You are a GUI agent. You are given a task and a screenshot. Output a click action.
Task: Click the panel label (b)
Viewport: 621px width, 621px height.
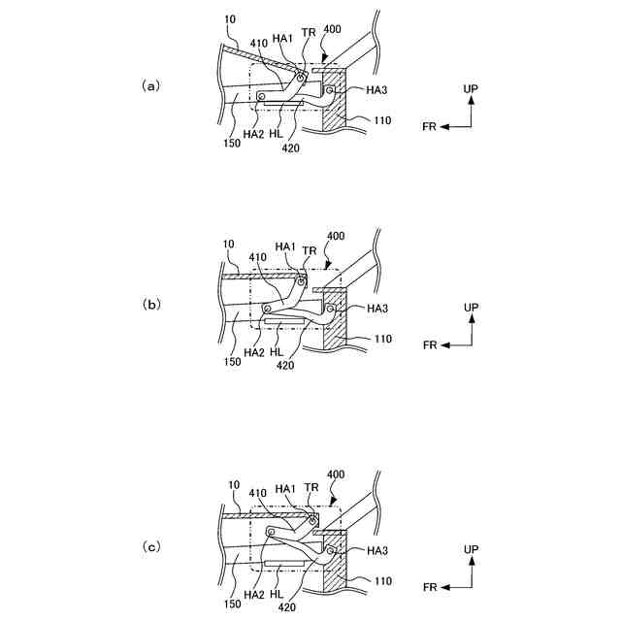151,304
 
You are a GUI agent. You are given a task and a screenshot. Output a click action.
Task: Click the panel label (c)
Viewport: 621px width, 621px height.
150,547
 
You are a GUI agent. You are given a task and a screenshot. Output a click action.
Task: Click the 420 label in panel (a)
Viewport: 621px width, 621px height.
290,148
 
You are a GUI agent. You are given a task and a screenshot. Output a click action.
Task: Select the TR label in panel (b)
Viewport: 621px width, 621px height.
309,249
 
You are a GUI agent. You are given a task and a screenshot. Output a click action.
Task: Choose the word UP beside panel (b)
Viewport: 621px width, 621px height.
471,307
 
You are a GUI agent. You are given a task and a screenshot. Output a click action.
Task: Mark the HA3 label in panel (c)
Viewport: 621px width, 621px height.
378,550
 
